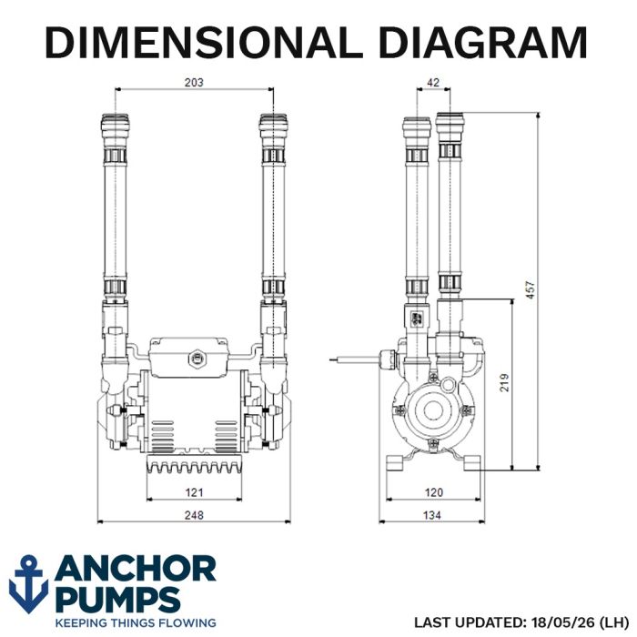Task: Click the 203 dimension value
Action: (x=194, y=83)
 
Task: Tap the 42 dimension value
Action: (x=433, y=83)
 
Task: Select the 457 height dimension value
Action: (x=531, y=289)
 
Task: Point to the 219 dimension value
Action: (x=504, y=382)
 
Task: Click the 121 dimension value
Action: (x=194, y=492)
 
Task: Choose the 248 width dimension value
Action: (x=194, y=515)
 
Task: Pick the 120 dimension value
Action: (x=433, y=492)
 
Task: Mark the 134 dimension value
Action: (x=432, y=515)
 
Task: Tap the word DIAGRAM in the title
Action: (x=483, y=42)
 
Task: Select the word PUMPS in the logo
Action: (x=117, y=599)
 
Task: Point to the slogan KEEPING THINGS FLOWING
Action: (x=136, y=622)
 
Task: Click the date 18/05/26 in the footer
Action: (x=562, y=622)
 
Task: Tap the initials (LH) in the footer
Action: (x=613, y=622)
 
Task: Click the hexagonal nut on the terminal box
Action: (x=197, y=359)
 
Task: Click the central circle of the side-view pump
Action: (x=433, y=410)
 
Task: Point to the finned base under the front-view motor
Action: (x=194, y=464)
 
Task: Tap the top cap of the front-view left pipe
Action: (x=116, y=123)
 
